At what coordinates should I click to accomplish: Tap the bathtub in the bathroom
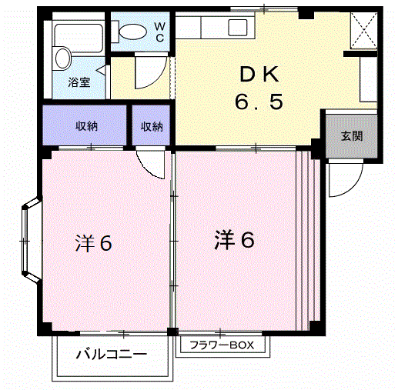78,34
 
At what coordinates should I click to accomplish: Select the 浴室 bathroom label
79,82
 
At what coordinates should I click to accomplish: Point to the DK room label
260,75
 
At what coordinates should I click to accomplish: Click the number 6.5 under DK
260,102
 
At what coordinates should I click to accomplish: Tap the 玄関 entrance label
352,136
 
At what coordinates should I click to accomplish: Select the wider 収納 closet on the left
85,127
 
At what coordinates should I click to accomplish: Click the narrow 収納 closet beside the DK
152,127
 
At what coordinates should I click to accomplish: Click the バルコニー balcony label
111,355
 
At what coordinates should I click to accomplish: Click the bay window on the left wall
28,240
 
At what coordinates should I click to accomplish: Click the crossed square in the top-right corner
362,30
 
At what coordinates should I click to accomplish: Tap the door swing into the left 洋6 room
152,162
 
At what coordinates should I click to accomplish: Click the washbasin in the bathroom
62,58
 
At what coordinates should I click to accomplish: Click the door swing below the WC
145,75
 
